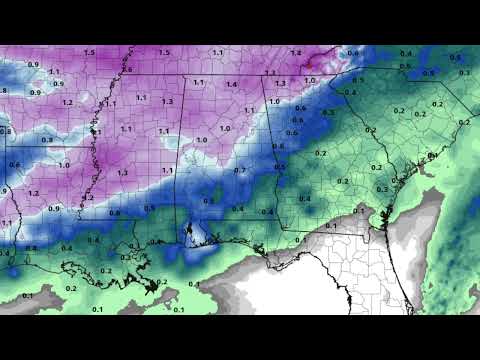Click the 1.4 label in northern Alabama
(232, 85)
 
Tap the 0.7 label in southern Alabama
(240, 171)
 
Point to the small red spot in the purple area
(309, 63)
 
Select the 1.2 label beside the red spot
(295, 52)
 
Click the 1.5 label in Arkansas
(90, 52)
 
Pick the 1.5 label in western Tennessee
(163, 52)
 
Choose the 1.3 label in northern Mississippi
(167, 101)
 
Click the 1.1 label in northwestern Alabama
(199, 83)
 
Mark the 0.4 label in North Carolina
(405, 52)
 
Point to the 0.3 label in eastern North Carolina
(463, 72)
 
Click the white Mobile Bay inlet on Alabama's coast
(190, 234)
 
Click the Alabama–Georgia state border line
(275, 150)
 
